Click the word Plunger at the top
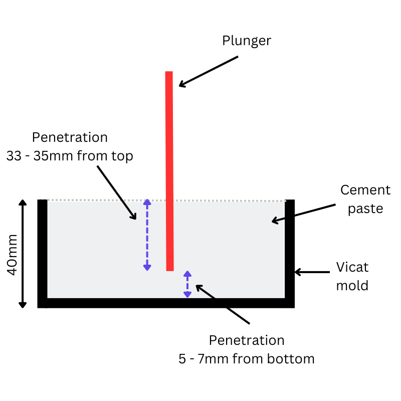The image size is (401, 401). [x=247, y=41]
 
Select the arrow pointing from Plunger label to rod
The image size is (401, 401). [x=208, y=71]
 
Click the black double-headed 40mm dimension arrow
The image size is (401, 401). [x=23, y=253]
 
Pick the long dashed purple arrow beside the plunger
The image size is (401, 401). [x=147, y=235]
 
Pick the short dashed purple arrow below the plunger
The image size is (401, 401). [x=187, y=284]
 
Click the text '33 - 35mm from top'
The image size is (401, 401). [x=70, y=156]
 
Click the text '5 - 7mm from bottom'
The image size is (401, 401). [x=246, y=359]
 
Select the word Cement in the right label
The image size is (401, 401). [x=365, y=190]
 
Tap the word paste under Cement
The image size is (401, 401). [x=365, y=208]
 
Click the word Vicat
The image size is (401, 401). [x=352, y=267]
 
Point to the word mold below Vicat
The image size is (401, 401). [x=352, y=285]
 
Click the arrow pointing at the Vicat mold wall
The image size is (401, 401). [x=312, y=272]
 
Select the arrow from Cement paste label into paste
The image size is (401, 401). [x=303, y=212]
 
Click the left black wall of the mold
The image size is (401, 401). [x=43, y=251]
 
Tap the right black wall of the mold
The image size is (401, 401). [x=290, y=251]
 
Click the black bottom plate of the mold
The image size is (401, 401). [x=165, y=303]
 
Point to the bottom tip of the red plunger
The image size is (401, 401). [x=170, y=269]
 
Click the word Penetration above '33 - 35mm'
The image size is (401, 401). [x=70, y=137]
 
